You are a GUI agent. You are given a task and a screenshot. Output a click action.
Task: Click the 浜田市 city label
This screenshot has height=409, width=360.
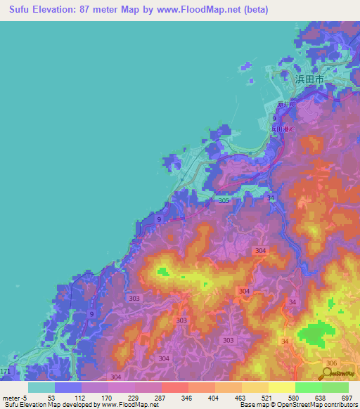309,80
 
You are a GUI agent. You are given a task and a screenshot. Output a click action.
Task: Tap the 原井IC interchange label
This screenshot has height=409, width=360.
288,105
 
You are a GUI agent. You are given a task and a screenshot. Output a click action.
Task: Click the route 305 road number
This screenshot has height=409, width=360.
224,202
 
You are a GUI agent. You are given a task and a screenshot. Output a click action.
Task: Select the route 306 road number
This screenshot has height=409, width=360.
331,362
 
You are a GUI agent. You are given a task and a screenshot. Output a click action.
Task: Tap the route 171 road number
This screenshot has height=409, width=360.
5,370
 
